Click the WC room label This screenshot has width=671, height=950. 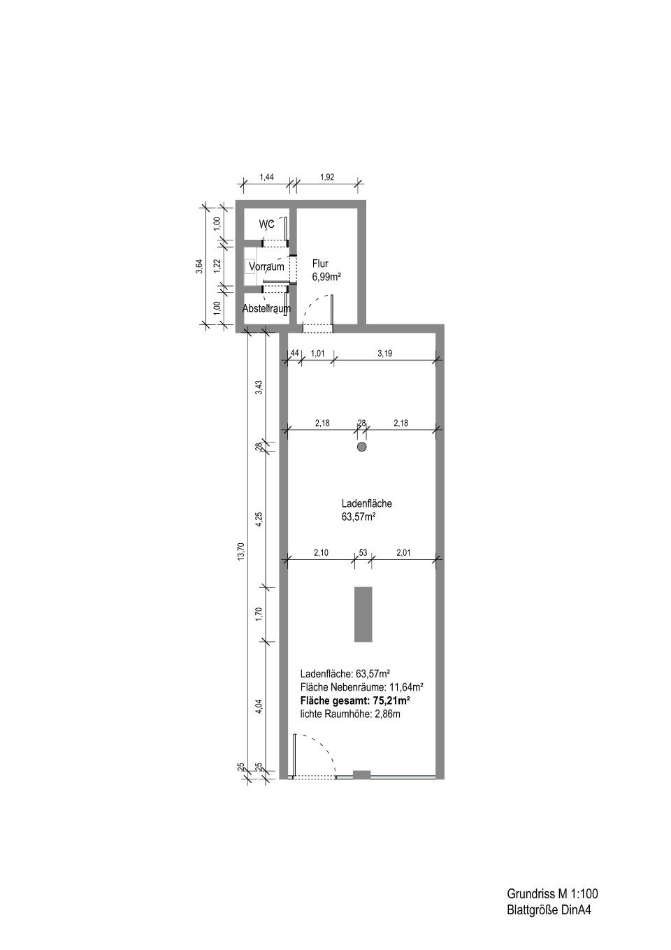(267, 224)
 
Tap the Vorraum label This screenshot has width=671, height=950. (266, 267)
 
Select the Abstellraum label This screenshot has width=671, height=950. (266, 309)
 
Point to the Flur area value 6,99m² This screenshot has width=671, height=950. (326, 278)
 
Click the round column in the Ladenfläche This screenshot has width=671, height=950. (361, 447)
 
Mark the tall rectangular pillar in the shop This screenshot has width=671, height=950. (363, 614)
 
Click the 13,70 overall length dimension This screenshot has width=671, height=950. (241, 552)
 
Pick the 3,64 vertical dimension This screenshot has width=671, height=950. (199, 266)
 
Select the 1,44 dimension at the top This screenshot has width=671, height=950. (266, 178)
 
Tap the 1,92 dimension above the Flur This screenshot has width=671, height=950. (327, 178)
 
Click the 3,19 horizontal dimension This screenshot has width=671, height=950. (384, 353)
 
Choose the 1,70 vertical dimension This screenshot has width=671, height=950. (259, 614)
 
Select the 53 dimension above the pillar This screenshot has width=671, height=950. (363, 553)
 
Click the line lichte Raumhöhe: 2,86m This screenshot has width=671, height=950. (350, 714)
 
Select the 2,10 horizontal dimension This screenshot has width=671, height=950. (321, 553)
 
